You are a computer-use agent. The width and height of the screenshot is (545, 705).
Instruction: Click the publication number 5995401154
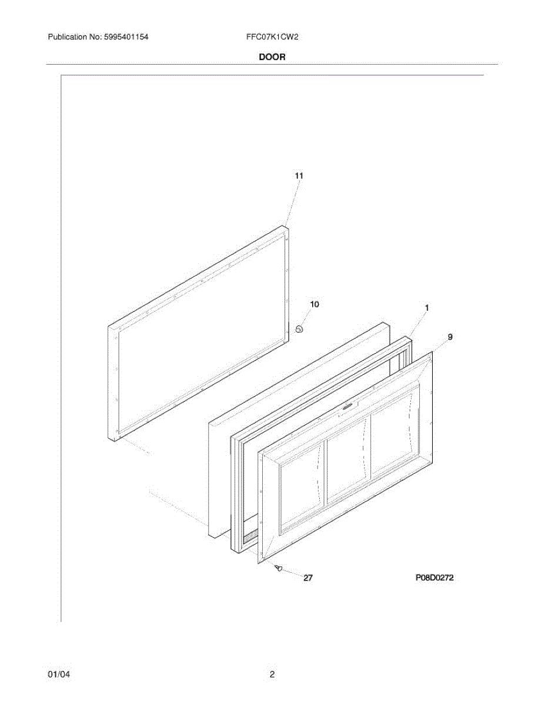click(126, 37)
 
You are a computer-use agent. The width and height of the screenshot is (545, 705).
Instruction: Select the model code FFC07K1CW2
click(272, 37)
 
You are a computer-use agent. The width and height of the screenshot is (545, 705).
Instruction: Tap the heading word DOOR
click(272, 57)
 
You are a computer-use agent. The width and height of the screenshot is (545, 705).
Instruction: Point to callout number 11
click(299, 176)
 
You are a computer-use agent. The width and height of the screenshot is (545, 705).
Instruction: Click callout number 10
click(315, 304)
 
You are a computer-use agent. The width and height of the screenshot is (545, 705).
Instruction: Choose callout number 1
click(427, 308)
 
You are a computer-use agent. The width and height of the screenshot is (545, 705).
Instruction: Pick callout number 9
click(450, 337)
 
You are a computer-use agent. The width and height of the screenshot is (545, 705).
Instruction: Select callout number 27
click(307, 578)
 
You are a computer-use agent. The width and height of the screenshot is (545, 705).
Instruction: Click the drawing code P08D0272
click(434, 578)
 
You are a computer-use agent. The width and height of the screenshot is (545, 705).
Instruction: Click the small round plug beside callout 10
click(299, 330)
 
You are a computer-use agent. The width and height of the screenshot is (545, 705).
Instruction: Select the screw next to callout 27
click(279, 568)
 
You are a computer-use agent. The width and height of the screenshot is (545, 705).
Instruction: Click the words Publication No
click(75, 37)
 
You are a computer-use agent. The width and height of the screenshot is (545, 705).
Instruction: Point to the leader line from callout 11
click(292, 203)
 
